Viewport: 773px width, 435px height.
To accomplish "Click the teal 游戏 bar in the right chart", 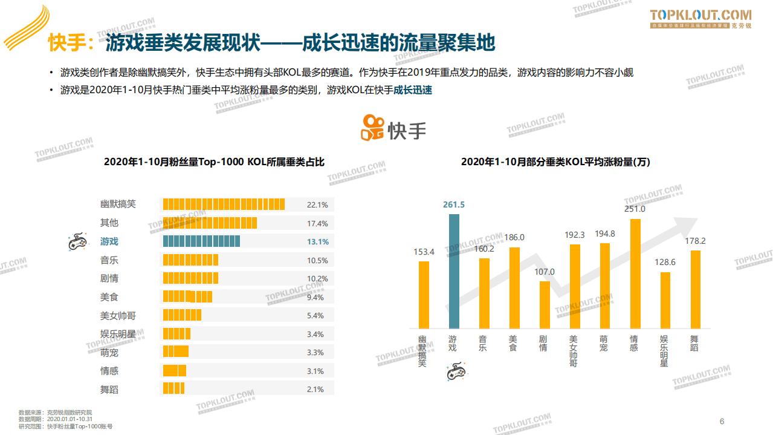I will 454,271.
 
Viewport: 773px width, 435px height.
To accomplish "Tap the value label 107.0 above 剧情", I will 544,272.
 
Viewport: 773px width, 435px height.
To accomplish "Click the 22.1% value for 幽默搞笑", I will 317,205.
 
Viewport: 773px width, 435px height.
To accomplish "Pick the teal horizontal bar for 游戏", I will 201,241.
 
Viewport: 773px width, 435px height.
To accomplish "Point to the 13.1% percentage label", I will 317,242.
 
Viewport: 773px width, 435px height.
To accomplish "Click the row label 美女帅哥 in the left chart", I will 118,316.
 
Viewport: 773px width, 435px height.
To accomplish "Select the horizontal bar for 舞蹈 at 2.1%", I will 174,389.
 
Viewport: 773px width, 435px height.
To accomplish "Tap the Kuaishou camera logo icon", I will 372,128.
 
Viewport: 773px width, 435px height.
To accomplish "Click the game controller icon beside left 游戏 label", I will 76,242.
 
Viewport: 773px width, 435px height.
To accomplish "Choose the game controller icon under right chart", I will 455,371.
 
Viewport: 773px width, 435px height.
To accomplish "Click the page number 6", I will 722,422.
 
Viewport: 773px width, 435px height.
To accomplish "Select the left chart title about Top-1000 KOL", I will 214,162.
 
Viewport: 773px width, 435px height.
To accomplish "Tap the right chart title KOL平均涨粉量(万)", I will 555,162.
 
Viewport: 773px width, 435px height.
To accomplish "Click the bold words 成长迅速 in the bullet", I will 413,91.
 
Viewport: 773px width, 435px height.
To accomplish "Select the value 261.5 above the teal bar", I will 453,205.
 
